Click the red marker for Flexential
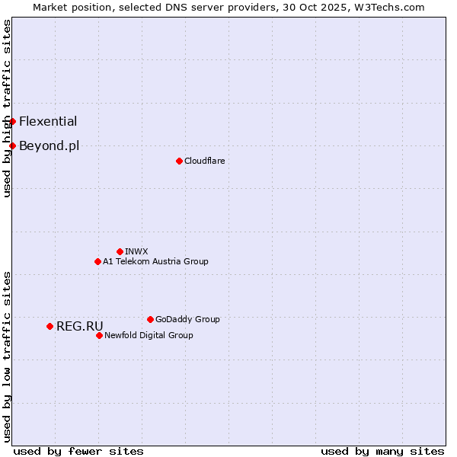(12, 121)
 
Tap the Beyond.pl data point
(12, 145)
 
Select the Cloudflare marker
(179, 161)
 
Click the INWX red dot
(120, 251)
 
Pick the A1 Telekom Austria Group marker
(97, 261)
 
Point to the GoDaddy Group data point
(150, 319)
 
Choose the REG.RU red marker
(50, 326)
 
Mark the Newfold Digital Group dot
(99, 335)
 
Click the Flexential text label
(48, 121)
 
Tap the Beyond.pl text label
(49, 145)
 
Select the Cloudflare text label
(204, 161)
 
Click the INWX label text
(136, 251)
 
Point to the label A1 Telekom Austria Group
(155, 261)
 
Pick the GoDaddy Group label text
(187, 319)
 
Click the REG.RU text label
(79, 326)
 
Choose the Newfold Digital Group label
(149, 335)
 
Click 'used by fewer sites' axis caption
(78, 451)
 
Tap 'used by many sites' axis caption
(382, 451)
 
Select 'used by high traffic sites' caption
(7, 108)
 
